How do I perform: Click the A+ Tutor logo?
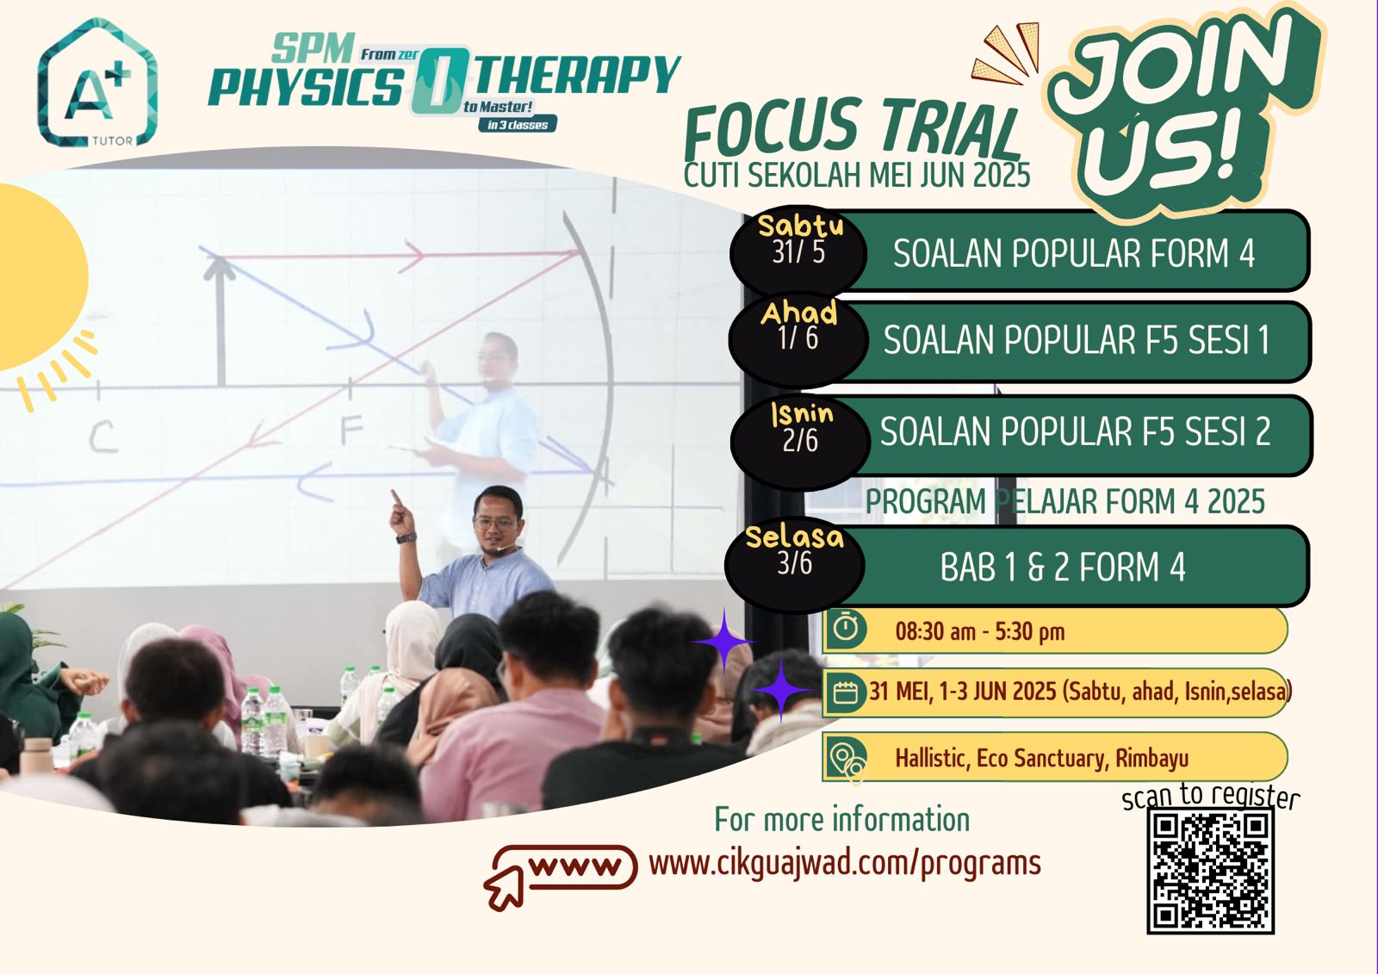click(x=97, y=83)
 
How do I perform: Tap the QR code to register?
click(x=1210, y=871)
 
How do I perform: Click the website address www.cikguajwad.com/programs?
click(x=845, y=863)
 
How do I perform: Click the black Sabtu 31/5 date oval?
click(x=798, y=251)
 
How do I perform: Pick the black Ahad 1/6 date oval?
click(x=798, y=338)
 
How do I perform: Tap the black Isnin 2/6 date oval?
click(x=800, y=441)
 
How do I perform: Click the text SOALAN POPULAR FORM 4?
click(x=1074, y=253)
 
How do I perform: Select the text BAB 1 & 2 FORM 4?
click(x=1063, y=567)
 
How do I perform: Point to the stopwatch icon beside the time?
click(x=847, y=629)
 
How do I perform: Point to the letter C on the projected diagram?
click(x=102, y=438)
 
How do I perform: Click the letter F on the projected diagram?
click(x=352, y=430)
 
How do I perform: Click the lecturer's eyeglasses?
click(x=494, y=524)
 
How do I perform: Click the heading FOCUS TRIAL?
click(x=852, y=132)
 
